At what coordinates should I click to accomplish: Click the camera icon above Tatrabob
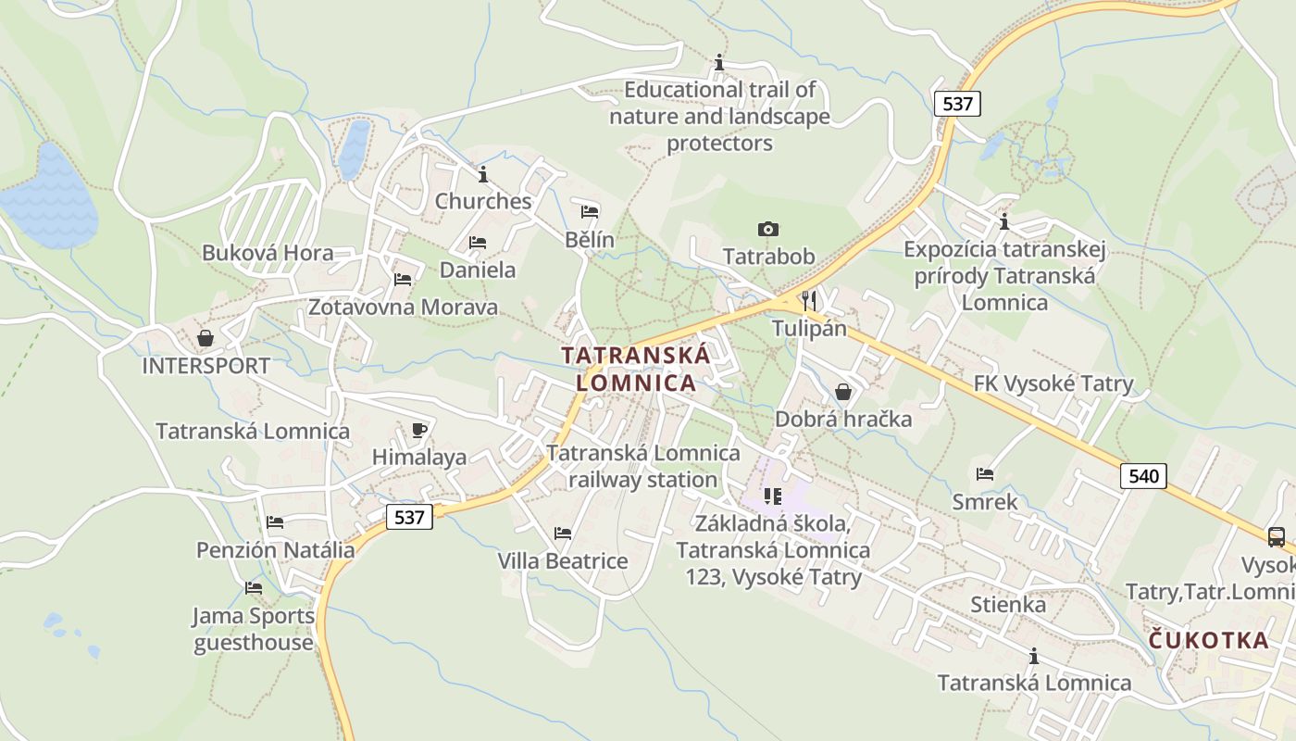tap(767, 229)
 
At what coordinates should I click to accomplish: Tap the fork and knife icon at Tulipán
tap(809, 299)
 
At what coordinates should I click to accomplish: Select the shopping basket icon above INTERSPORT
tap(206, 338)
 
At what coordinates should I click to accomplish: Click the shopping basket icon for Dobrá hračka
tap(842, 392)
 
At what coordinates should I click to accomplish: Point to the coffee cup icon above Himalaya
tap(418, 429)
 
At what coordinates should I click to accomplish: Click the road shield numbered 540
tap(1143, 476)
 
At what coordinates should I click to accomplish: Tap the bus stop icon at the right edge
tap(1276, 536)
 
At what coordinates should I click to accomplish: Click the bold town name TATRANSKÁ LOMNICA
tap(636, 369)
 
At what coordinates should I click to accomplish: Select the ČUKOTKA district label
tap(1209, 640)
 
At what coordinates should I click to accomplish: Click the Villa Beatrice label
tap(563, 561)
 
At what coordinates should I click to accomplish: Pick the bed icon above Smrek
tap(984, 474)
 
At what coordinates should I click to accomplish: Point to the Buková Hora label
tap(268, 253)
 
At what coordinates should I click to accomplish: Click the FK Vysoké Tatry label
tap(1053, 383)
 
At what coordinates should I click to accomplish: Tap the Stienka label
tap(1008, 605)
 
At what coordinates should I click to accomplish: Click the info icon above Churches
tap(482, 174)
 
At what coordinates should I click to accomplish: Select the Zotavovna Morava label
tap(403, 307)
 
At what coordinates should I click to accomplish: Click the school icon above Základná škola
tap(773, 496)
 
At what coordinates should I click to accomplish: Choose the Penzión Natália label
tap(275, 550)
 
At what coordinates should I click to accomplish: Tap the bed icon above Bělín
tap(590, 211)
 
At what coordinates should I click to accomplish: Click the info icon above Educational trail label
tap(719, 62)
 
